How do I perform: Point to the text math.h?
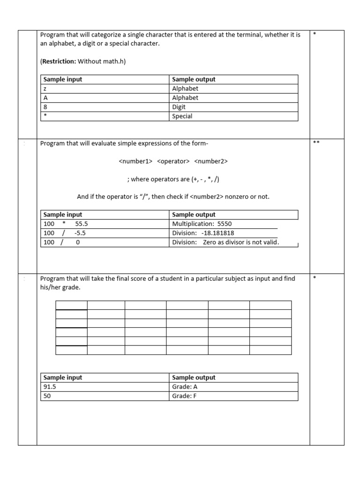(x=115, y=61)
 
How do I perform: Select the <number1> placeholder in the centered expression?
(x=135, y=161)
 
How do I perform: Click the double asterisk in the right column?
(x=316, y=143)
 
